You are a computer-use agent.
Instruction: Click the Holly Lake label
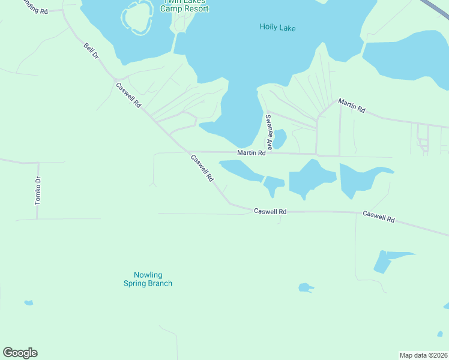[278, 28]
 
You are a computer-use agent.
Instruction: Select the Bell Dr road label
[91, 52]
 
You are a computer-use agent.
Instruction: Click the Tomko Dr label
[38, 191]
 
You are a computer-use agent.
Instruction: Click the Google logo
[20, 353]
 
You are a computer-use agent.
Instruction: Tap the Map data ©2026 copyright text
[423, 355]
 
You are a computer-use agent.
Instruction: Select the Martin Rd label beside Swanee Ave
[251, 153]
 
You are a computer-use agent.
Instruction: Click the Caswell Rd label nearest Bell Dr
[128, 95]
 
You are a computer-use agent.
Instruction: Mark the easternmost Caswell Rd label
[378, 217]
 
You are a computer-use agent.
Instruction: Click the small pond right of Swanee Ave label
[280, 139]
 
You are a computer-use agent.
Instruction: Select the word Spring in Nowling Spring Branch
[148, 283]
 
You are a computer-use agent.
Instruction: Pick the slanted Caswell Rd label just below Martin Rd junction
[202, 169]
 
